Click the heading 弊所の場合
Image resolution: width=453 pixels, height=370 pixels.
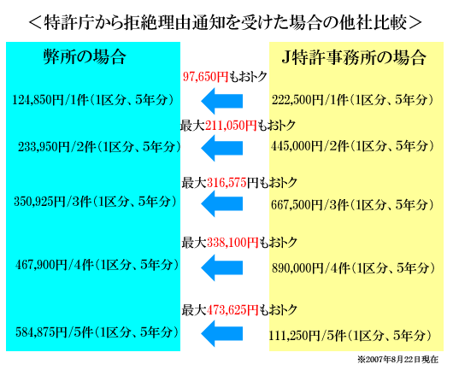(85, 56)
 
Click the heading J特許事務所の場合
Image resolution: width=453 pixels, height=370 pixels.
(354, 57)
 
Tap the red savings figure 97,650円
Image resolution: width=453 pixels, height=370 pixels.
(205, 77)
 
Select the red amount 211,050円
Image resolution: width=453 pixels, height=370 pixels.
(231, 126)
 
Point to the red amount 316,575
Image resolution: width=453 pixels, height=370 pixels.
(226, 183)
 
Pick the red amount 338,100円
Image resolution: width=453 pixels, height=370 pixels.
(232, 243)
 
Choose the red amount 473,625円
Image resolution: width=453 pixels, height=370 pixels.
(232, 310)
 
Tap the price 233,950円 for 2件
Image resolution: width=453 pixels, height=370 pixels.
(44, 147)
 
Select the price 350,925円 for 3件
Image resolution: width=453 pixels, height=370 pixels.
(40, 202)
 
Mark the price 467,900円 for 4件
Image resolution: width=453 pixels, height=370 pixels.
(41, 265)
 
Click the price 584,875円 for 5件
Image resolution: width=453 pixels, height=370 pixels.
(41, 332)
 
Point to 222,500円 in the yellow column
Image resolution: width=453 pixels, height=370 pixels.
(297, 100)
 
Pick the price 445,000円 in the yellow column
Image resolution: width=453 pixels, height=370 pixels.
(297, 146)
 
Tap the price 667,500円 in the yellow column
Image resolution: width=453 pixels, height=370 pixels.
(297, 205)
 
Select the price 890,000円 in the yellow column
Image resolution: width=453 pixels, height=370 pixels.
(297, 268)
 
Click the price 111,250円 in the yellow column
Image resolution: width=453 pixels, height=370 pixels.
(294, 336)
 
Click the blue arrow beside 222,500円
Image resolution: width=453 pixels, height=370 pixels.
(221, 101)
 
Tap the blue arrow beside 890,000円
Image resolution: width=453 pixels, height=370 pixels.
(221, 267)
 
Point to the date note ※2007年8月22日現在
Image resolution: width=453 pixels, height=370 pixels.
(397, 360)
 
